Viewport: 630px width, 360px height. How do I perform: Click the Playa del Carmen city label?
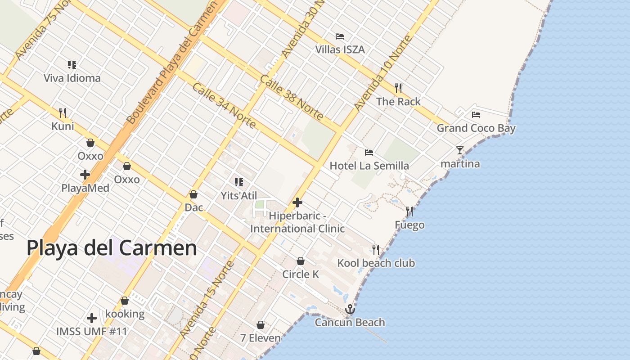point(112,248)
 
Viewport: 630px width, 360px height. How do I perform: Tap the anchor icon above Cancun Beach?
point(350,309)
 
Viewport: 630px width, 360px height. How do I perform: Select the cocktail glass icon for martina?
point(459,150)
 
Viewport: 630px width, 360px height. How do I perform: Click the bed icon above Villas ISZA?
point(340,36)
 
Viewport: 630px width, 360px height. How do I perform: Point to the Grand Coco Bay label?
point(476,128)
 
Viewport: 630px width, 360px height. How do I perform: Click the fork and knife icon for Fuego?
point(409,211)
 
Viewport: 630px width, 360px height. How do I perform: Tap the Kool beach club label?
point(376,263)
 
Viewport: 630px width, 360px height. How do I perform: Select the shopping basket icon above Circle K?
point(301,261)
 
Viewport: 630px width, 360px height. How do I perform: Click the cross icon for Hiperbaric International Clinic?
point(297,202)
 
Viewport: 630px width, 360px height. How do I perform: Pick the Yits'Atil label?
point(238,196)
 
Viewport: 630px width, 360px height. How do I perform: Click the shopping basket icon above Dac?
point(193,194)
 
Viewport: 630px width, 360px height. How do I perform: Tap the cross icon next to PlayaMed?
point(85,175)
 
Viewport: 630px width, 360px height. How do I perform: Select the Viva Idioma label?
point(72,78)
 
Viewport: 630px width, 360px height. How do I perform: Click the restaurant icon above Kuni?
point(63,112)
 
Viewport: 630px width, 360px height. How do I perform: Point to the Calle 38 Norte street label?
point(292,98)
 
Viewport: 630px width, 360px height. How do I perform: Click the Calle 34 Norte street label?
point(224,105)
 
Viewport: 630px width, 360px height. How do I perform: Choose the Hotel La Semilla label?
point(369,166)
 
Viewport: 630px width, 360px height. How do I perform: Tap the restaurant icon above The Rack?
point(398,88)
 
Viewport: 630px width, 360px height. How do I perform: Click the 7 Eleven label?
point(260,338)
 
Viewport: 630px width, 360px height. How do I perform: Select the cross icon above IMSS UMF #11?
point(92,318)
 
